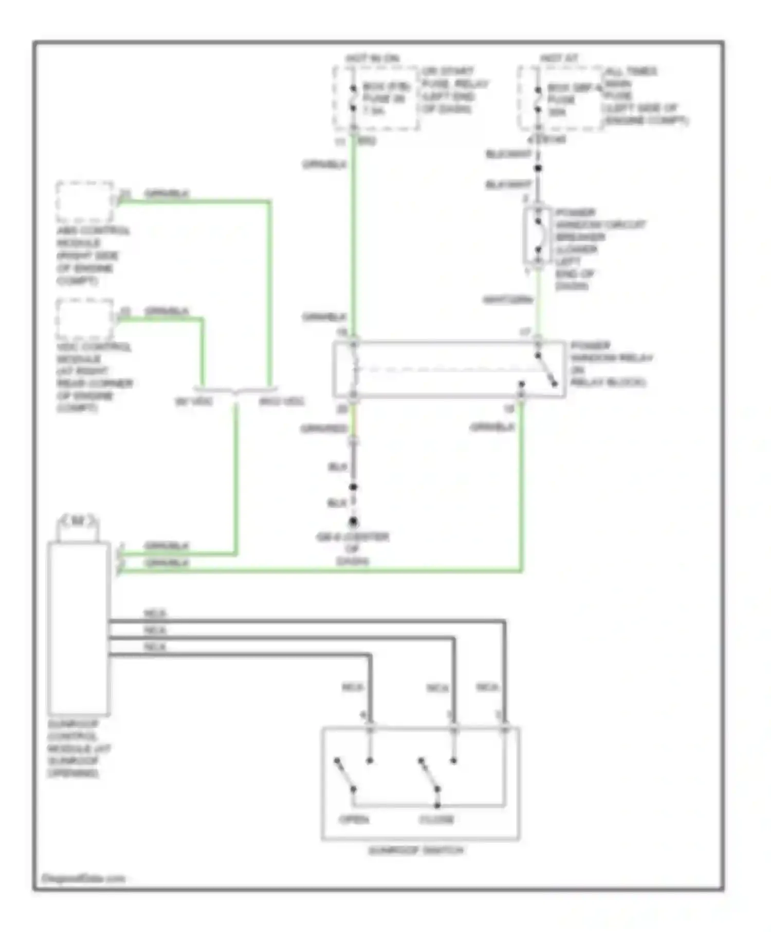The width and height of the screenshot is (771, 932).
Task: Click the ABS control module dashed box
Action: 85,202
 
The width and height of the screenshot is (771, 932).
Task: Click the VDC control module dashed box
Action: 85,319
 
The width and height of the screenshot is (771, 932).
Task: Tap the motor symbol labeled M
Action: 78,521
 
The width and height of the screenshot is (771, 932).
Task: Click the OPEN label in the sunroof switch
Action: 354,819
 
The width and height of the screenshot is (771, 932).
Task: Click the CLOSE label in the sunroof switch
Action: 436,819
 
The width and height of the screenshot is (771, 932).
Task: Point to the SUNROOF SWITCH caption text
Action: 416,851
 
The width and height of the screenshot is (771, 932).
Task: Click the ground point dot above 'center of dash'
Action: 353,522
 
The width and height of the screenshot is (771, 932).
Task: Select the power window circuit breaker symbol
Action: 538,236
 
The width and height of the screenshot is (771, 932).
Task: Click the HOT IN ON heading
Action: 373,59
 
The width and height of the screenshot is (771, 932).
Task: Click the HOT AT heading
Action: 559,59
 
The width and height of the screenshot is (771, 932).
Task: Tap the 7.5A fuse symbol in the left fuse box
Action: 353,98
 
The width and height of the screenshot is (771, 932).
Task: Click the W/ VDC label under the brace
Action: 194,401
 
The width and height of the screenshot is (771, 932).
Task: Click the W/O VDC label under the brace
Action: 281,401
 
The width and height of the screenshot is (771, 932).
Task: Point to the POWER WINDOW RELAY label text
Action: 611,364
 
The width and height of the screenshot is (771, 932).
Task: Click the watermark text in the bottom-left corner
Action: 83,879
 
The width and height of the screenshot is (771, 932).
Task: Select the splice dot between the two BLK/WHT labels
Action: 538,168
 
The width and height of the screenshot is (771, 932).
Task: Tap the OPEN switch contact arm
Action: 345,774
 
